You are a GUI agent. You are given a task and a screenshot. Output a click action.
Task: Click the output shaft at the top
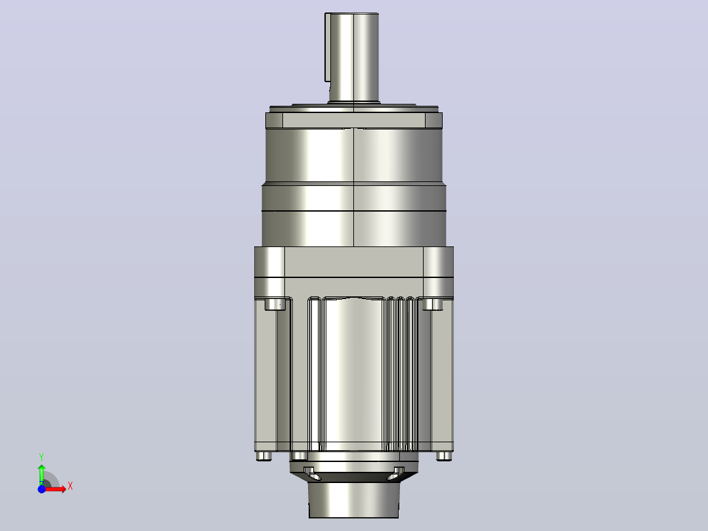(x=354, y=57)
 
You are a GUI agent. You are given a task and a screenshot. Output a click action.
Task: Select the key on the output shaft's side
(x=328, y=47)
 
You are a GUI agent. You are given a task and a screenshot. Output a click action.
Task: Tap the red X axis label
(x=70, y=486)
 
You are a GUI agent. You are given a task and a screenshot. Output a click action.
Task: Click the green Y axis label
(x=41, y=457)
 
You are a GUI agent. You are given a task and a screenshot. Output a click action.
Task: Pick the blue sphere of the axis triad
(x=41, y=489)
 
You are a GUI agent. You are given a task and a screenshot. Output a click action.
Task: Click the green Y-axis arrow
(x=41, y=474)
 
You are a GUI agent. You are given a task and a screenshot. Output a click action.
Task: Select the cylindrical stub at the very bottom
(x=353, y=499)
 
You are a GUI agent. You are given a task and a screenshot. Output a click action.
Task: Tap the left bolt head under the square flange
(x=275, y=304)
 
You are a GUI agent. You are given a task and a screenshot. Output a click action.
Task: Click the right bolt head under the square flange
(x=433, y=304)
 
